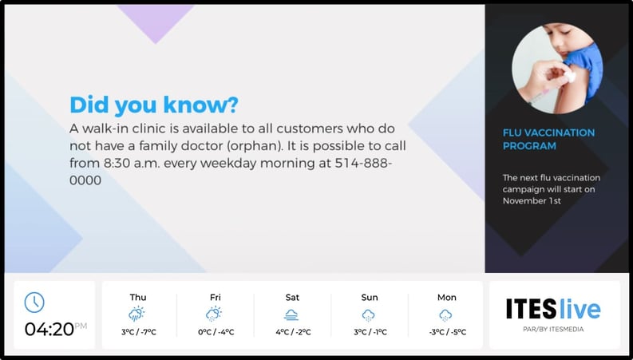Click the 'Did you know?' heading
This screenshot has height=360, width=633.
coord(154,105)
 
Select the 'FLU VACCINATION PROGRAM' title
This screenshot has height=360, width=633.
coord(548,139)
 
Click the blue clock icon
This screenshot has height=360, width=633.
coord(34,303)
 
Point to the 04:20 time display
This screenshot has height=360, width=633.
coord(49,328)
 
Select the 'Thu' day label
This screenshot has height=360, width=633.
coord(138,298)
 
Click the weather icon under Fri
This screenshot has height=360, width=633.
coord(214,314)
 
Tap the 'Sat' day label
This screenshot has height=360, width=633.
coord(292,298)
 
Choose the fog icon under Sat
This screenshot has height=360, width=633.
coord(292,315)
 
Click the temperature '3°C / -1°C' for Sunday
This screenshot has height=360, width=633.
coord(370,332)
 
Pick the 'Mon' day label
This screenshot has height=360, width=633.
coord(446,298)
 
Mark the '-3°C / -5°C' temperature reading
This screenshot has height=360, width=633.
coord(446,332)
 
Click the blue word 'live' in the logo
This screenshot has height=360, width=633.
coord(580,309)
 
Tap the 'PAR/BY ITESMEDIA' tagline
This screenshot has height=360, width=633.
coord(554,328)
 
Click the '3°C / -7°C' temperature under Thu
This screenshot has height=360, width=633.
coord(138,332)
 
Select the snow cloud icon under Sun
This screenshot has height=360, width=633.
coord(369,315)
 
